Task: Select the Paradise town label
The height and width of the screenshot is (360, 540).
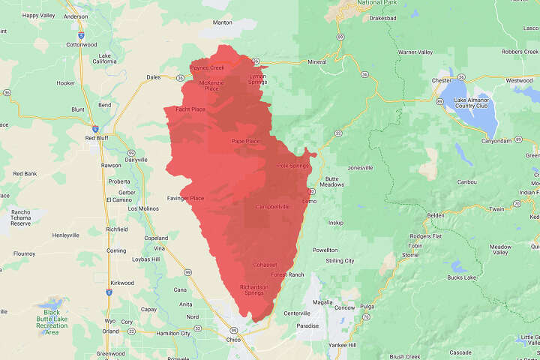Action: pos(307,326)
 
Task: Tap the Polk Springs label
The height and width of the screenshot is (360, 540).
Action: pos(292,166)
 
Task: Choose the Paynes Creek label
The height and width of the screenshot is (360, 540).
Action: pos(208,67)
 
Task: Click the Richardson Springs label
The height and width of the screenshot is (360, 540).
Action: pos(251,289)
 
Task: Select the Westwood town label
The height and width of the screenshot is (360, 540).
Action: pos(519,80)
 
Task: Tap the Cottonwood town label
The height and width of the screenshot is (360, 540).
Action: pos(82,44)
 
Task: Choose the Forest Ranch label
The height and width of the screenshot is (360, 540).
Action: pos(288,274)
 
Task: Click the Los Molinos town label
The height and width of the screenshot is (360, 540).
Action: pos(144,208)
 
